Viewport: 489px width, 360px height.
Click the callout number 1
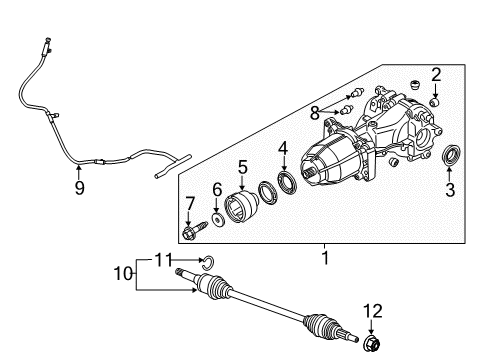tap(324, 257)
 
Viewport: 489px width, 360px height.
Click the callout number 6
tap(218, 189)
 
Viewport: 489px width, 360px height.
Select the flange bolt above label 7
tap(190, 234)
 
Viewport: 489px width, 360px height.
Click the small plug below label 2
tap(436, 101)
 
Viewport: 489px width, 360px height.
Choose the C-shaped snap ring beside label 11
tap(206, 263)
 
